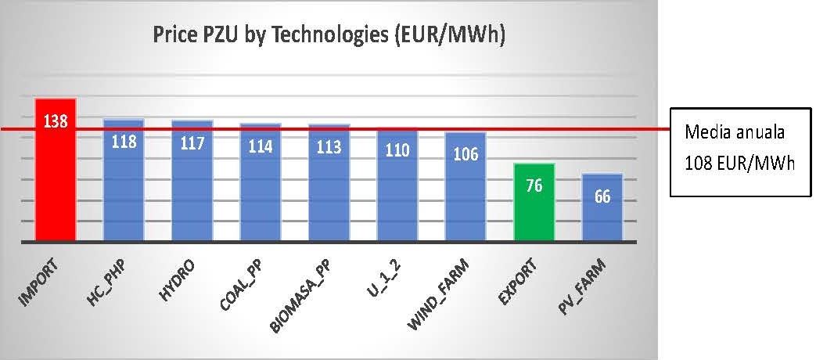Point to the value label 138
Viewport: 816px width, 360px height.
pyautogui.click(x=56, y=122)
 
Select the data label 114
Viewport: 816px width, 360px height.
pyautogui.click(x=261, y=146)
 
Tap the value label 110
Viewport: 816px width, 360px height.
pyautogui.click(x=397, y=149)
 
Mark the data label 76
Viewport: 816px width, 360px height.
pyautogui.click(x=534, y=186)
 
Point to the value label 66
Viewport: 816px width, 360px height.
pyautogui.click(x=602, y=196)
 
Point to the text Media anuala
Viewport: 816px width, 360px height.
pyautogui.click(x=734, y=133)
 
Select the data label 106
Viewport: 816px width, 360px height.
pyautogui.click(x=466, y=153)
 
